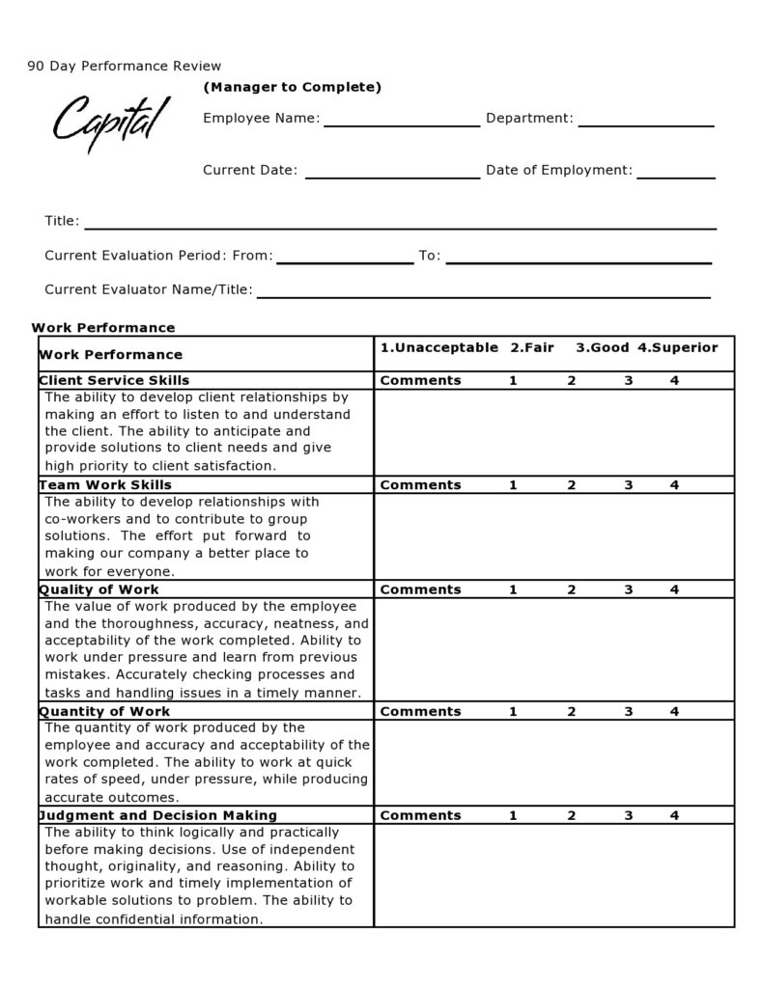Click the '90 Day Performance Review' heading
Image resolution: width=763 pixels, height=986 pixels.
[x=125, y=67]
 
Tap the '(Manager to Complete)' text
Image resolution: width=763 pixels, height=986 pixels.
[x=292, y=88]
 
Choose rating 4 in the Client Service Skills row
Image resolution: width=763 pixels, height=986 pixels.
[x=674, y=380]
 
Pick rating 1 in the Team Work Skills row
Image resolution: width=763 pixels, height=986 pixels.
[x=513, y=485]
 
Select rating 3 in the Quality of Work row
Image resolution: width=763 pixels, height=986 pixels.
[x=628, y=589]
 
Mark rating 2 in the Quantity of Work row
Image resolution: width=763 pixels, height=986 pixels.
[x=571, y=712]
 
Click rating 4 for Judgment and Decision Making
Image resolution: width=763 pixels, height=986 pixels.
[x=674, y=816]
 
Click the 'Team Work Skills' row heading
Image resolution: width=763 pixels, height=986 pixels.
[x=105, y=485]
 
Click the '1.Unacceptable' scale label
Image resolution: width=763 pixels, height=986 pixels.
[x=438, y=347]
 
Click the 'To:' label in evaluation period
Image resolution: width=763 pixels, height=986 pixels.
[x=429, y=257]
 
